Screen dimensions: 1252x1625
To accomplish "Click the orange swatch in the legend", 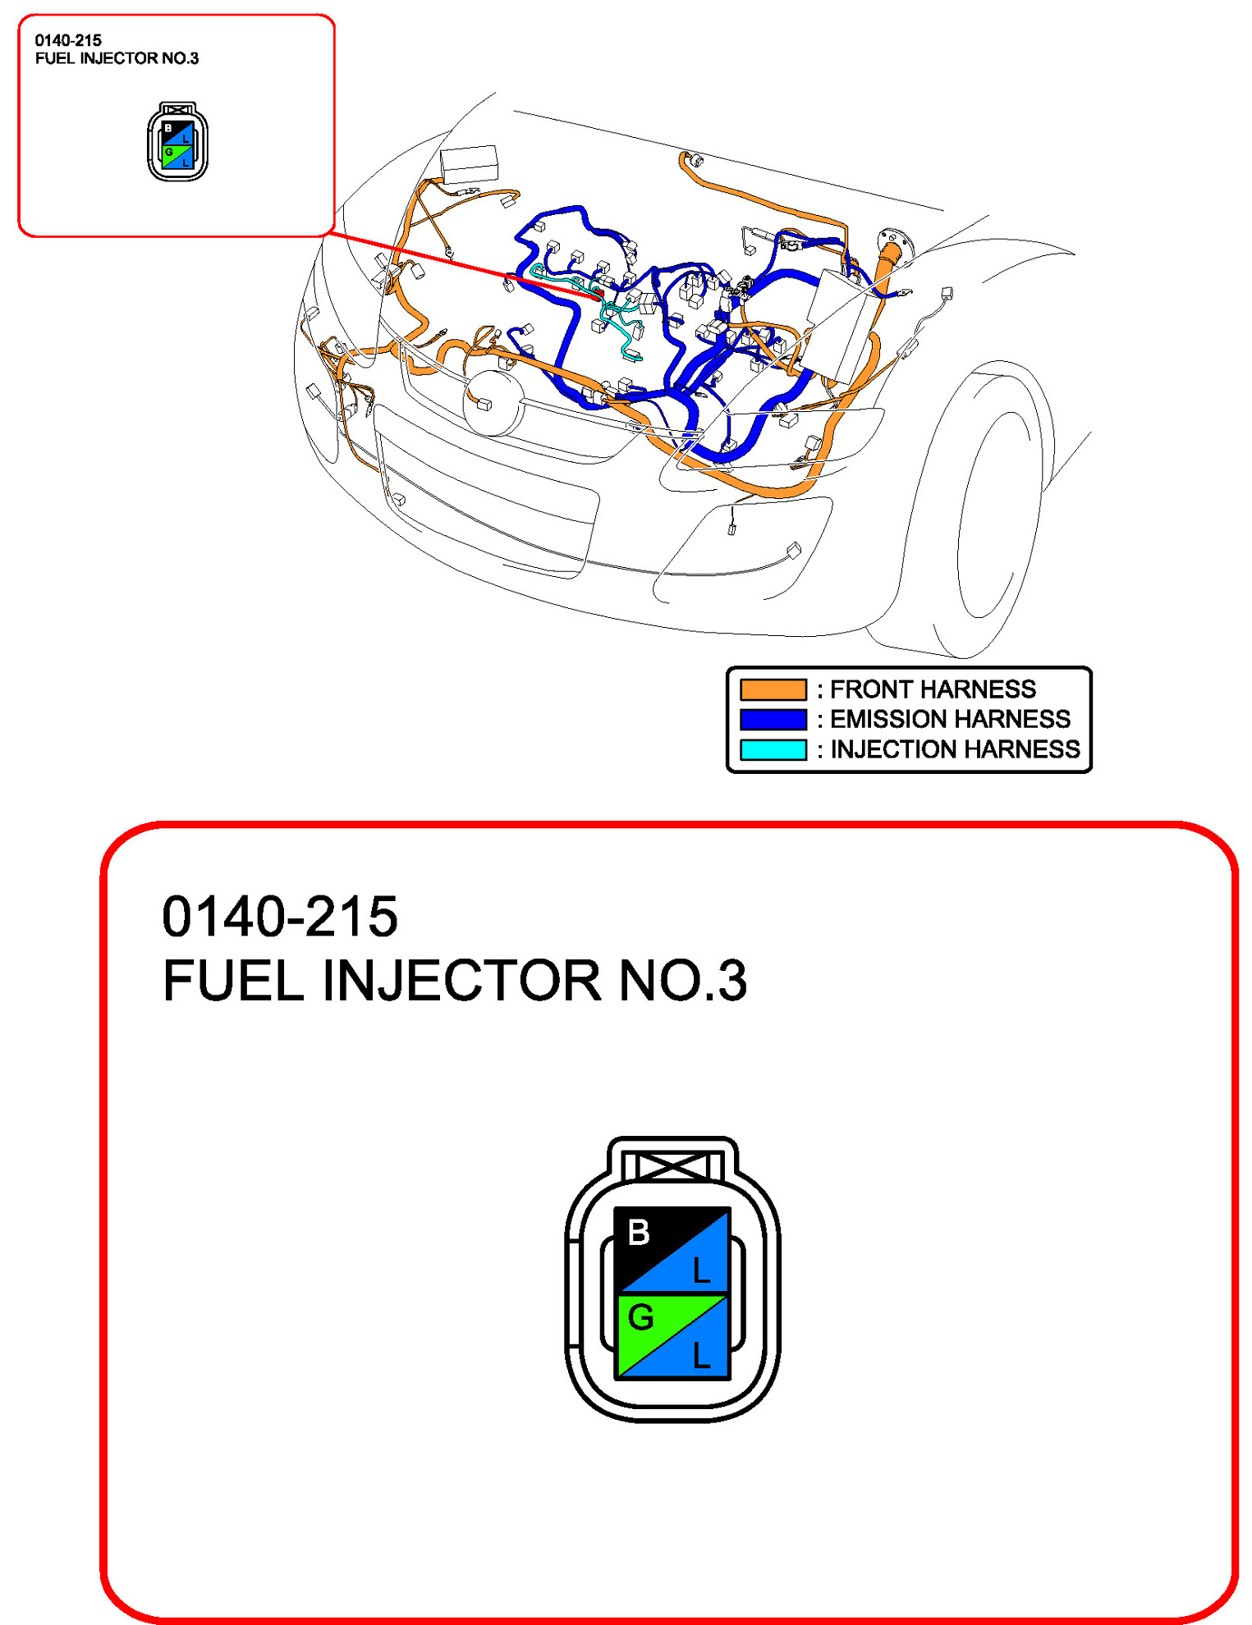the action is click(773, 689).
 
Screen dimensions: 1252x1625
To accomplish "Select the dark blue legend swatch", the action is click(773, 719).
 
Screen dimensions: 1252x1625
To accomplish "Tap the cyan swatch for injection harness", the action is click(773, 749).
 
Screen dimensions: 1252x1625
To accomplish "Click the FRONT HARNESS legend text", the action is click(933, 689).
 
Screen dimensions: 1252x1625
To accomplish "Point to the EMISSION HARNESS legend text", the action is click(950, 719).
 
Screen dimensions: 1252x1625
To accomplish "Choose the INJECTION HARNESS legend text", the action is click(955, 749).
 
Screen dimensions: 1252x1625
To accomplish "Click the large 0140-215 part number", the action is click(280, 916).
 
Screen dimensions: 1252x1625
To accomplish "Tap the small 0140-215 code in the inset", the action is click(68, 40).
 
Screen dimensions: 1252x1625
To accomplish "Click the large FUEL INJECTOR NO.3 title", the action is click(455, 980).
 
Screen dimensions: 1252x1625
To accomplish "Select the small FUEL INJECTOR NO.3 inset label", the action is click(117, 58).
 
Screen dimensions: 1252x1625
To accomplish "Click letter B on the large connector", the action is click(639, 1232).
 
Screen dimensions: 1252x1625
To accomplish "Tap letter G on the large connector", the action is click(640, 1317).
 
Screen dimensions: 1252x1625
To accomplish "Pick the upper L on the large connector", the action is click(701, 1270).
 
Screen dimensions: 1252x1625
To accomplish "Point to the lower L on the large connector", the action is click(701, 1355).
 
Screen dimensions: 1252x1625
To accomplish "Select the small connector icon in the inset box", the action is click(177, 141).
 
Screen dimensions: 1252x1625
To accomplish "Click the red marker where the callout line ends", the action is click(598, 293).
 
